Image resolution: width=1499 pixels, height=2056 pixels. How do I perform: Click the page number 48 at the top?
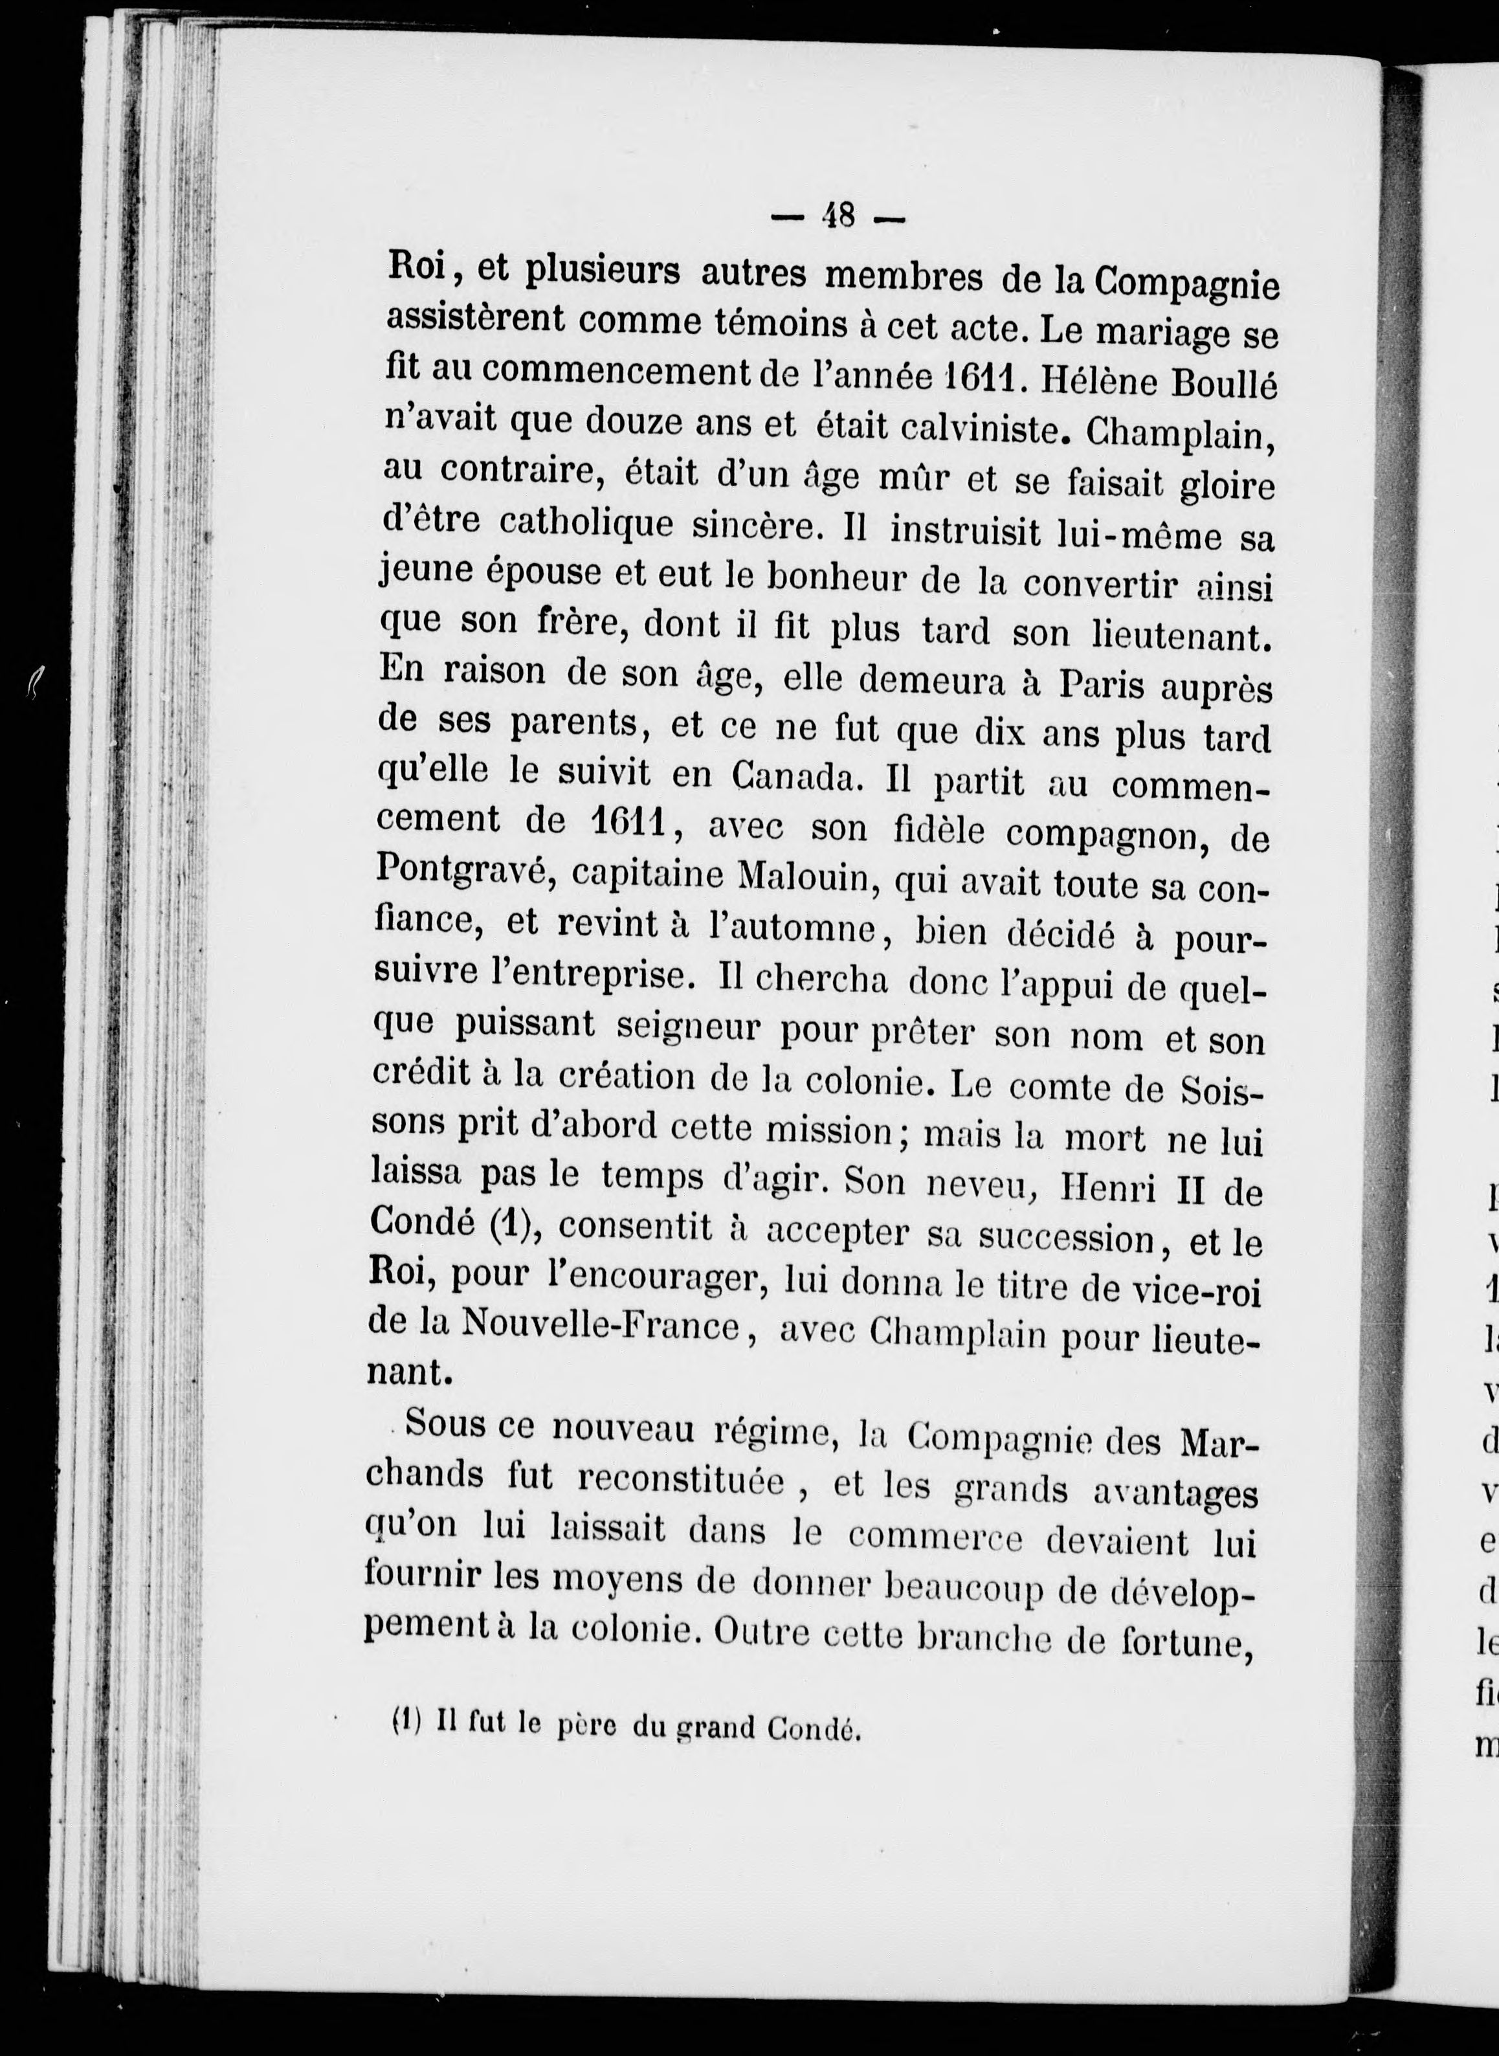coord(837,216)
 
